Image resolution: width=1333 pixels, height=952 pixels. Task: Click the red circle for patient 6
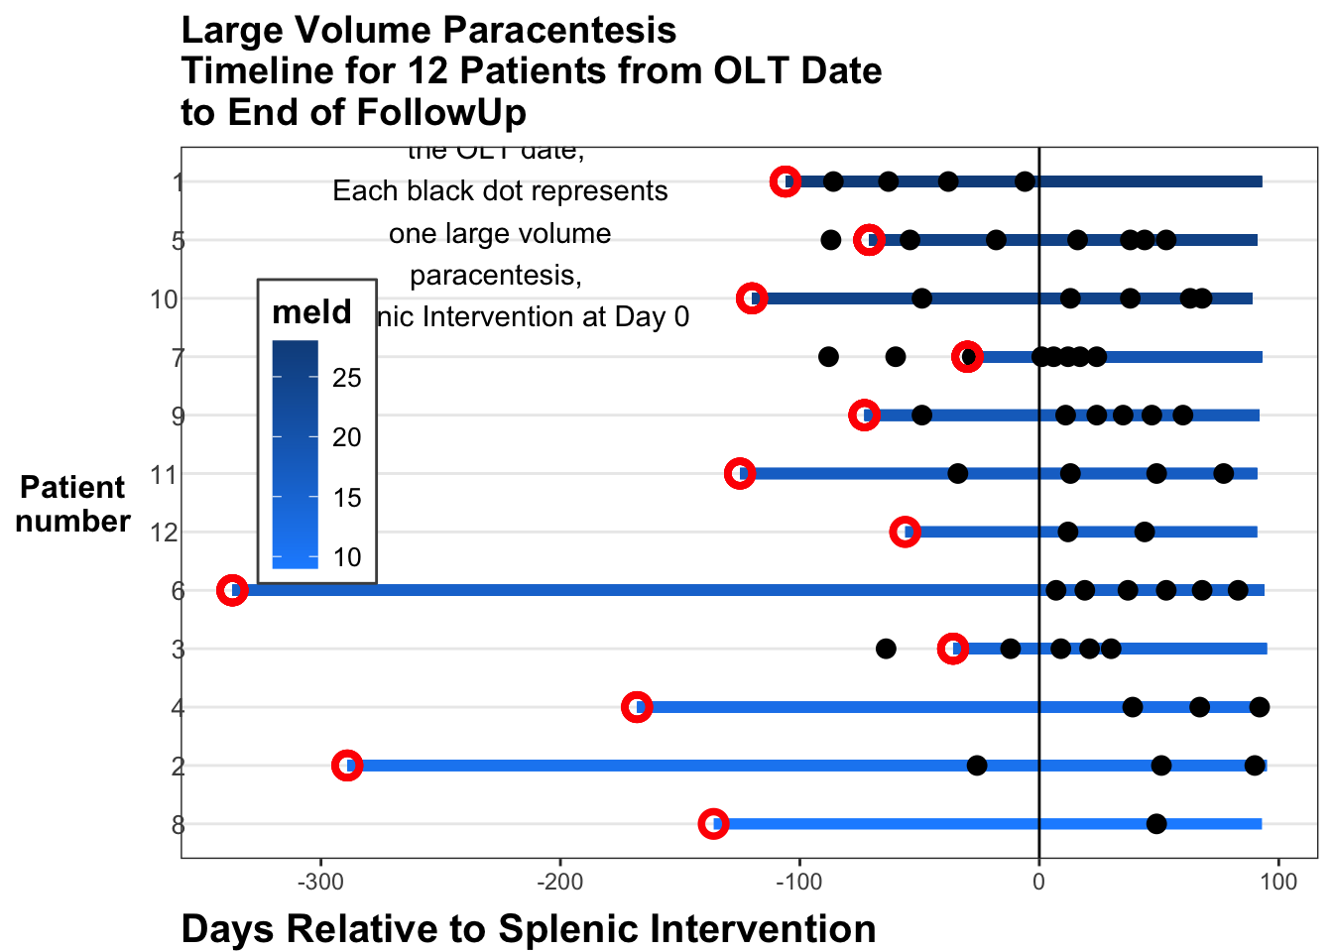pyautogui.click(x=232, y=591)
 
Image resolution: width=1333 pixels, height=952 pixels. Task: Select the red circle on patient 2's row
pyautogui.click(x=346, y=766)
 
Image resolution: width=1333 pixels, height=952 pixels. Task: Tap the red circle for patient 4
pyautogui.click(x=637, y=707)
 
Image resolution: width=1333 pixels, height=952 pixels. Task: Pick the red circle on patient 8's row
pyautogui.click(x=713, y=824)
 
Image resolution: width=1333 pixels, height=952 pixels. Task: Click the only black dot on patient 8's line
pyautogui.click(x=1156, y=824)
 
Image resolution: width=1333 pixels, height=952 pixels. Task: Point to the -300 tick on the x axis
pyautogui.click(x=320, y=882)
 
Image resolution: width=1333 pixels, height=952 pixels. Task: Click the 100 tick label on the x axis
pyautogui.click(x=1278, y=882)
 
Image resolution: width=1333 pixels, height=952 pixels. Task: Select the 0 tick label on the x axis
pyautogui.click(x=1038, y=882)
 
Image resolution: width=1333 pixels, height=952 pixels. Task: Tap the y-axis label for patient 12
pyautogui.click(x=164, y=534)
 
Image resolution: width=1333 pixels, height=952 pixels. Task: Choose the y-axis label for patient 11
pyautogui.click(x=164, y=475)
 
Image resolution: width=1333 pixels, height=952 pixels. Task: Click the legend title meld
pyautogui.click(x=311, y=312)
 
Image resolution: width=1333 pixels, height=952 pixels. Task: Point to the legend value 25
pyautogui.click(x=347, y=378)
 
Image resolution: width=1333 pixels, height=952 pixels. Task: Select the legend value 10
pyautogui.click(x=347, y=557)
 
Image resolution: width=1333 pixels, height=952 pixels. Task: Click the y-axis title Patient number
pyautogui.click(x=73, y=504)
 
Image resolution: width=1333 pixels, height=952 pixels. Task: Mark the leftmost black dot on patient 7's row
pyautogui.click(x=828, y=357)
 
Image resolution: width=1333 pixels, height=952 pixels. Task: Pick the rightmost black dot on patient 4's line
pyautogui.click(x=1260, y=707)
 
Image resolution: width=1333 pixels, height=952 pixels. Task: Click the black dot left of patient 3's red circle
pyautogui.click(x=886, y=649)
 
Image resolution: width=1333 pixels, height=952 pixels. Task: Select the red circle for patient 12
pyautogui.click(x=905, y=533)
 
